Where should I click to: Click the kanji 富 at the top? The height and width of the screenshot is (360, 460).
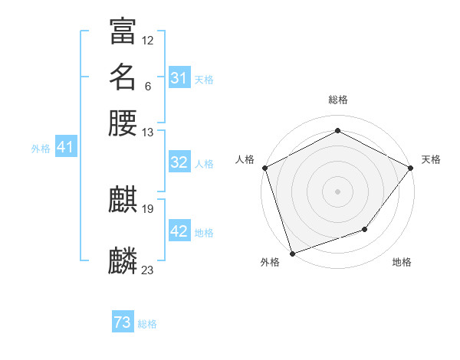click(123, 31)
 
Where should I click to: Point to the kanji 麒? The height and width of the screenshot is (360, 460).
click(123, 201)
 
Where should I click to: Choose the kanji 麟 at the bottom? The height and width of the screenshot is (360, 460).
click(123, 261)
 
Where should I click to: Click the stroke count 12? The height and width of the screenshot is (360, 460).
click(148, 40)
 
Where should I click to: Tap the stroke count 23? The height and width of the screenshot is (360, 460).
click(148, 270)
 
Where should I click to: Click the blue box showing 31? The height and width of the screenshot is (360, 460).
click(179, 78)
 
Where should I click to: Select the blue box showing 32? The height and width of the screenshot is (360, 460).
click(179, 162)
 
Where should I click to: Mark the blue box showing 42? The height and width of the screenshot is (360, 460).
click(179, 231)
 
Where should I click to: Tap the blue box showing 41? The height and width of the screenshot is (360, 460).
click(65, 147)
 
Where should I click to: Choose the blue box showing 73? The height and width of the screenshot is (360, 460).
click(123, 323)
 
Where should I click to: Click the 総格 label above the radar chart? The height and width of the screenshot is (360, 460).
click(338, 100)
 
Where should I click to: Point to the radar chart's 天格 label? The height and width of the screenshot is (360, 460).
click(432, 159)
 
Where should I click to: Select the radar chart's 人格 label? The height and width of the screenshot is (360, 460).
click(245, 159)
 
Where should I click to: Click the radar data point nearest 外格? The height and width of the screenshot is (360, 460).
click(292, 254)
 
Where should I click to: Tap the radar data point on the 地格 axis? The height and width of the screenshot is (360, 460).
click(365, 229)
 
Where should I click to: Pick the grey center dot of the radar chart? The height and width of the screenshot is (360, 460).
click(338, 191)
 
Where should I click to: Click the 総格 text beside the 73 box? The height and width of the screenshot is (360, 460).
click(148, 324)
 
